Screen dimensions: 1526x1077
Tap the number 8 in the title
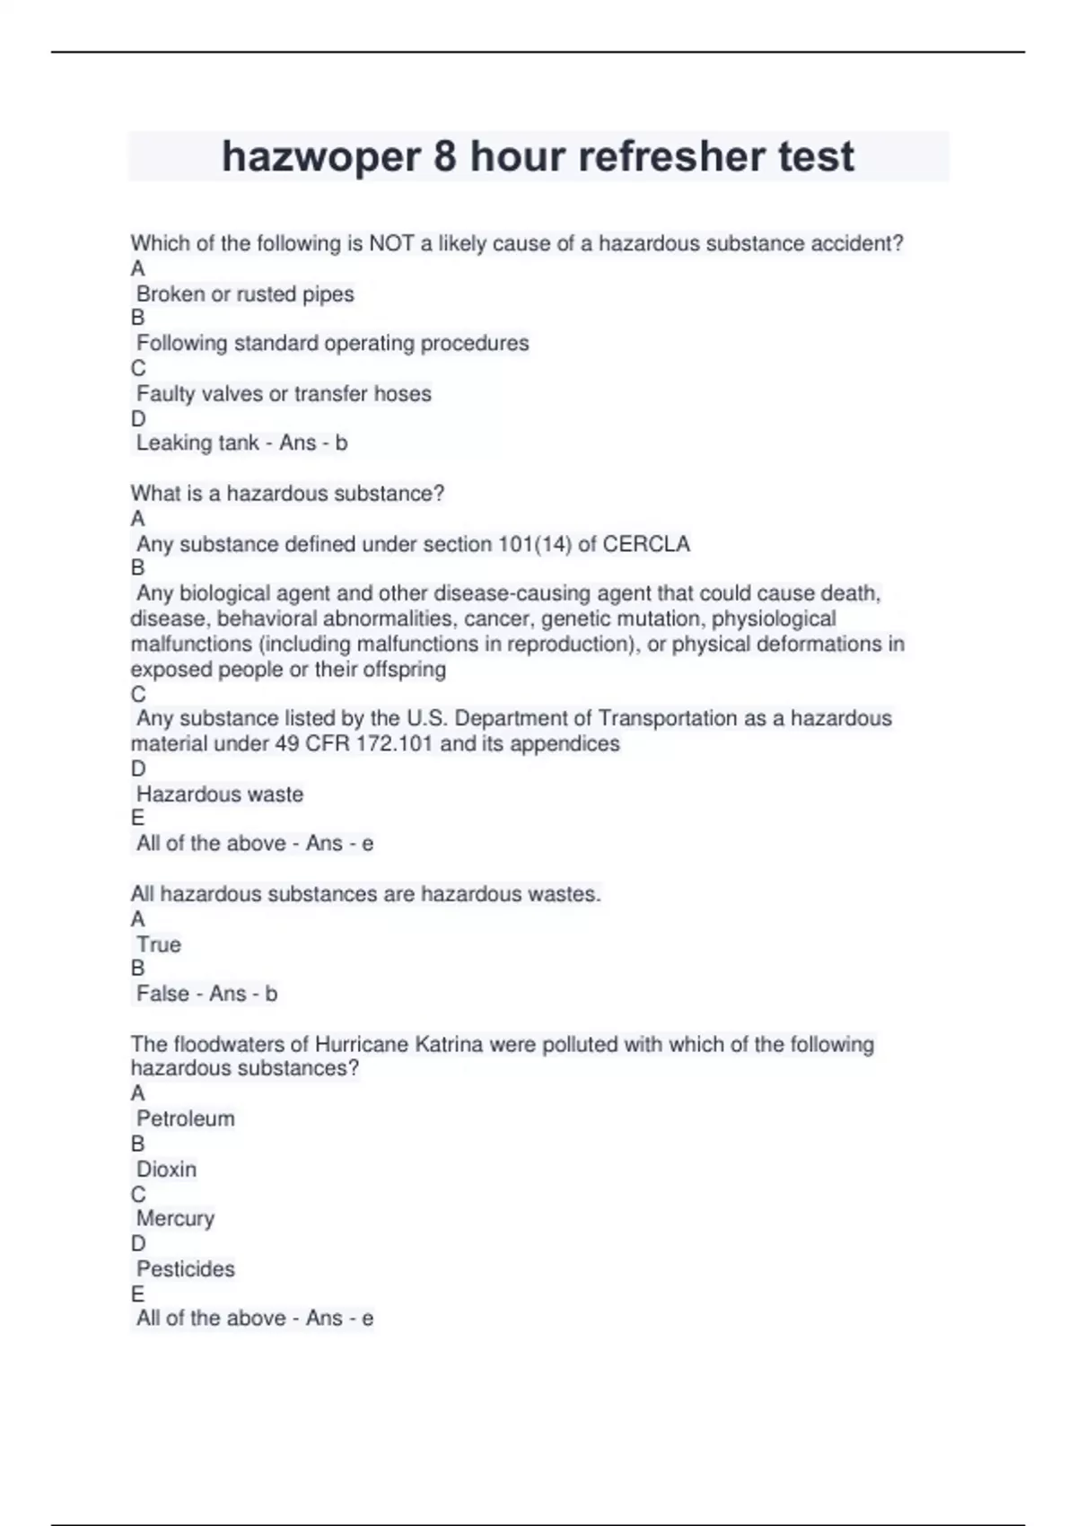click(x=445, y=157)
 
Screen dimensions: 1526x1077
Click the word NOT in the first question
click(x=392, y=243)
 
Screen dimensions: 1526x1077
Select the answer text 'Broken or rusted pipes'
click(x=245, y=294)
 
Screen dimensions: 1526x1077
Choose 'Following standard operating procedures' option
click(x=332, y=344)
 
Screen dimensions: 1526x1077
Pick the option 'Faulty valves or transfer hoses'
click(x=284, y=394)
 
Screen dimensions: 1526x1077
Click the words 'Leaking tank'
click(x=197, y=443)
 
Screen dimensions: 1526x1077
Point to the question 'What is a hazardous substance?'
click(x=287, y=494)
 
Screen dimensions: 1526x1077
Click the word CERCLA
click(x=646, y=545)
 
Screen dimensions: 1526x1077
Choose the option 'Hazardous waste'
click(x=220, y=794)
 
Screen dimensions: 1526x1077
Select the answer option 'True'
click(x=159, y=945)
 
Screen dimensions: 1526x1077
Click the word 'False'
click(x=163, y=994)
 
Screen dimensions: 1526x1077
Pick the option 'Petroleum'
click(x=186, y=1119)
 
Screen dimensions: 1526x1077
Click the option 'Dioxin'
click(x=166, y=1170)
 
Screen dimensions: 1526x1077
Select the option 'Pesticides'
click(x=186, y=1269)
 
